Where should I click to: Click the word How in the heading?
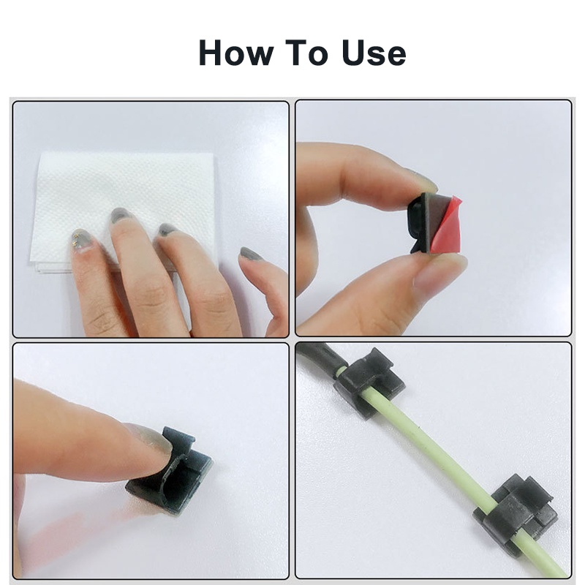(236, 53)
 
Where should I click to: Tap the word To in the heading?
(306, 53)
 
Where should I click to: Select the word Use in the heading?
(374, 53)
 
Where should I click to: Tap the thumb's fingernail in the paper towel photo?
(251, 254)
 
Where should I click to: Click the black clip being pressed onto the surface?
(170, 472)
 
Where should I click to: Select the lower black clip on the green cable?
(517, 515)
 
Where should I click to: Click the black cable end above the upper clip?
(317, 355)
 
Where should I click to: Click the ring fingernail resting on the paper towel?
(168, 229)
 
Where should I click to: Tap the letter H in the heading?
(212, 53)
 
